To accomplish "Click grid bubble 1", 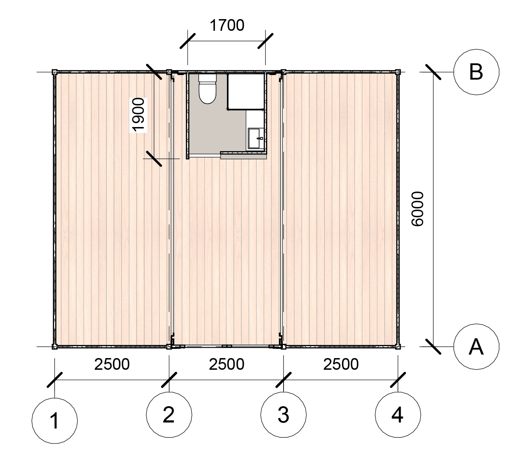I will [x=55, y=421].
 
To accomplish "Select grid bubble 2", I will [x=169, y=414].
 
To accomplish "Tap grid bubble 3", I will [x=284, y=414].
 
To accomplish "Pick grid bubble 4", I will [x=398, y=414].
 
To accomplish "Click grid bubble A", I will [x=476, y=346].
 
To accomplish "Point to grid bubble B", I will [x=476, y=72].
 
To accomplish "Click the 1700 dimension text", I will [x=227, y=26].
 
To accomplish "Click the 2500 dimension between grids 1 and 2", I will [x=112, y=364].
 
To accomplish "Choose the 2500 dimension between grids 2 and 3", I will [x=227, y=364].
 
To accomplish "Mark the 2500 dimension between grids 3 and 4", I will [x=341, y=364].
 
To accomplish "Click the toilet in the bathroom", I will [x=207, y=90].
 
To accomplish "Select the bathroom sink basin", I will [x=255, y=138].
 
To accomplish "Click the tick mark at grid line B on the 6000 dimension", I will [x=433, y=72].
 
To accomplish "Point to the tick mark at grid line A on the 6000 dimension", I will [x=433, y=346].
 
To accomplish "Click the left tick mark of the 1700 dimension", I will [x=188, y=41].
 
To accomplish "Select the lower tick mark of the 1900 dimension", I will [x=154, y=159].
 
